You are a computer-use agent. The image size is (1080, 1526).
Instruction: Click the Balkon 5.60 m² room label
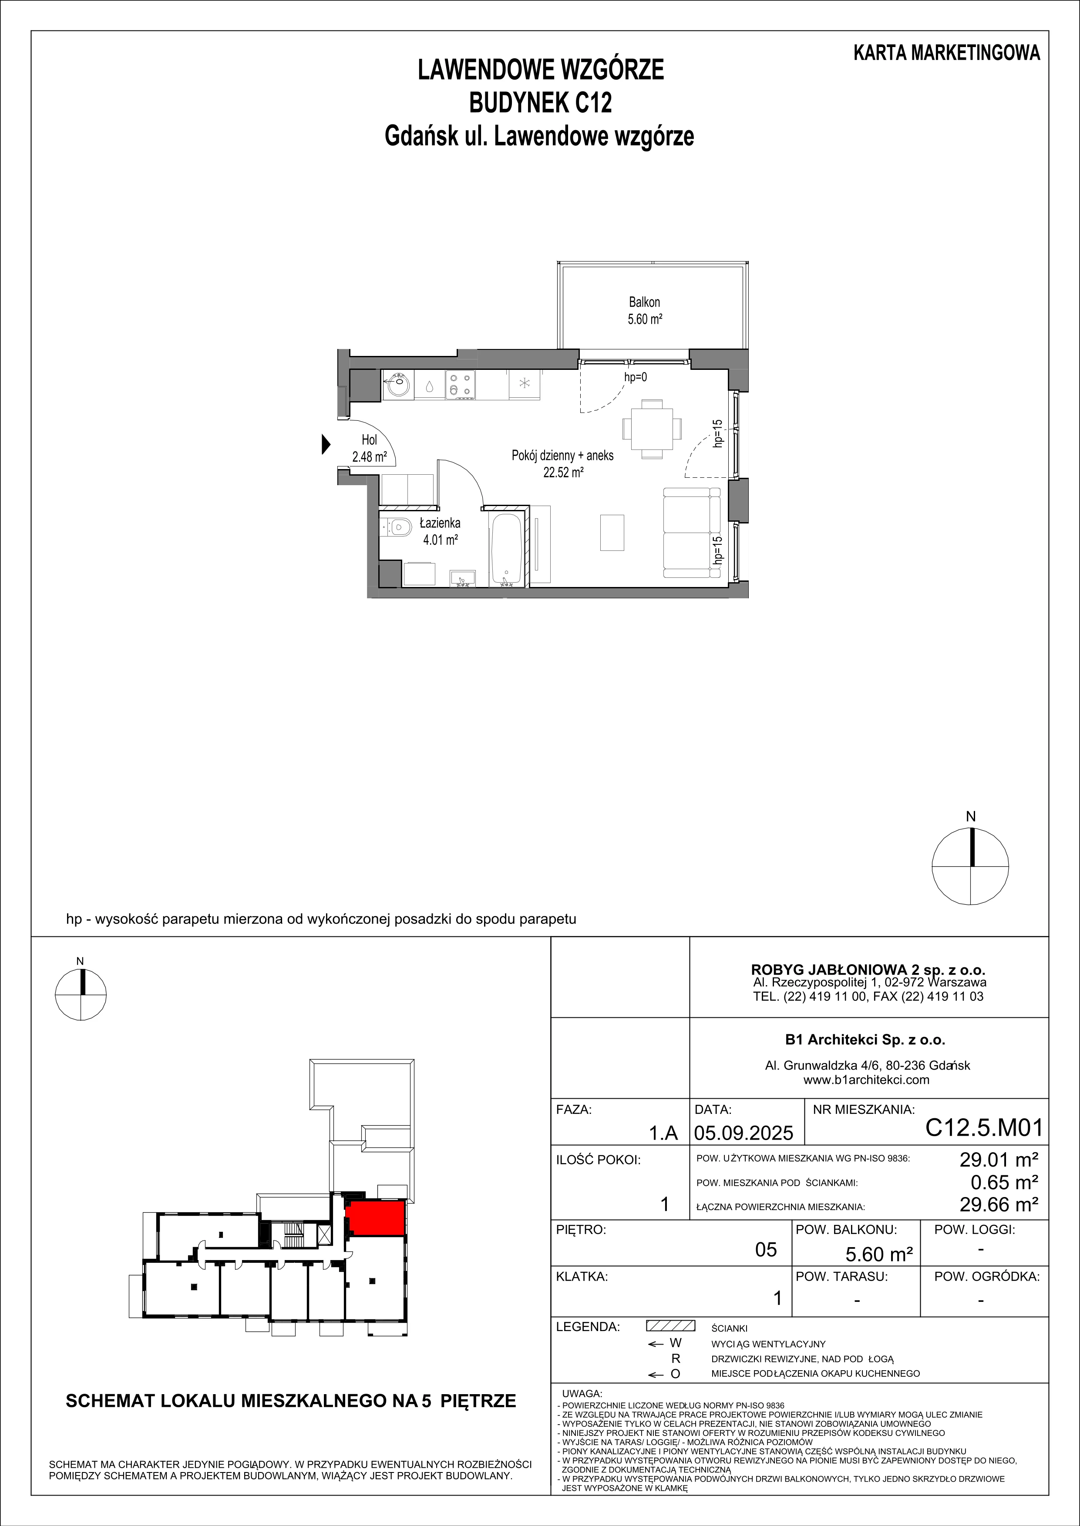[644, 310]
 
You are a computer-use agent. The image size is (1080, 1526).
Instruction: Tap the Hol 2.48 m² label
[369, 448]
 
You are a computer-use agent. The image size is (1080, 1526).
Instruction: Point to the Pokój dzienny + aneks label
[562, 455]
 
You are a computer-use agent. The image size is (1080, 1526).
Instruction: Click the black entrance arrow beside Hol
[326, 443]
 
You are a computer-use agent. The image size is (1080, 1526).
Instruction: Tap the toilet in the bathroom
[397, 528]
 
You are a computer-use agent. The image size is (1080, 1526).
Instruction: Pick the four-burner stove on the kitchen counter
[460, 385]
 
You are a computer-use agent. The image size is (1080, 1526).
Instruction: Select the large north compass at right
[970, 866]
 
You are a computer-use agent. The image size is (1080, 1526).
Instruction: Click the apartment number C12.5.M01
[984, 1128]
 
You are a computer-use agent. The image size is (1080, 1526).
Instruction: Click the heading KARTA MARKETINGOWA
[946, 53]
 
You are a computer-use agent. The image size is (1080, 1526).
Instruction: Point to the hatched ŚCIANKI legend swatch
[670, 1326]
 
